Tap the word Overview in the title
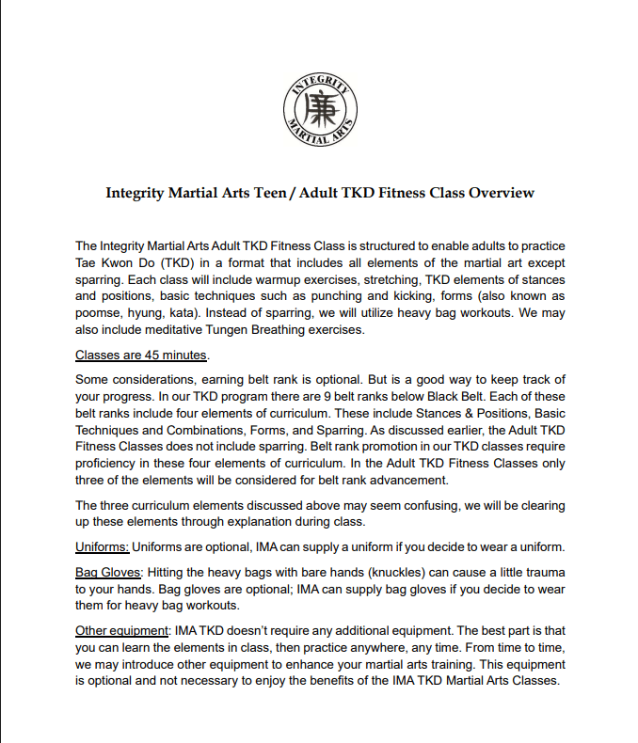pyautogui.click(x=502, y=193)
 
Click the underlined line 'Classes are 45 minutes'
pyautogui.click(x=142, y=356)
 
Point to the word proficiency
pyautogui.click(x=111, y=464)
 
